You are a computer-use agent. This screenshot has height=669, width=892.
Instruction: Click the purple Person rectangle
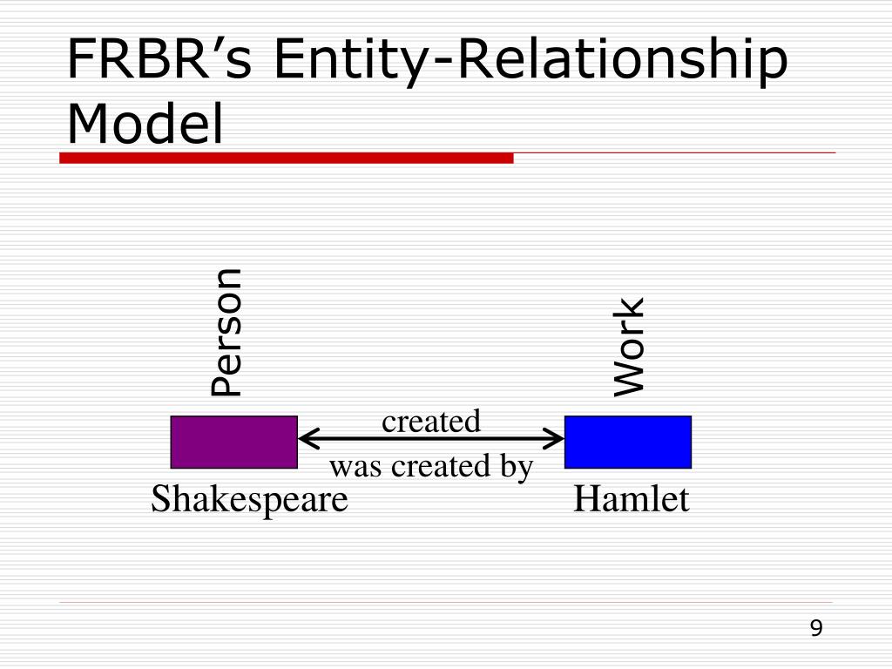[233, 442]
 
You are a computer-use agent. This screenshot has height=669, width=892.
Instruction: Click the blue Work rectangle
[628, 442]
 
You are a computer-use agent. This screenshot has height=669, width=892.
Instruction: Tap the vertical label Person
[227, 332]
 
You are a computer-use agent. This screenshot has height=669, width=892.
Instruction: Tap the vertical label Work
[629, 347]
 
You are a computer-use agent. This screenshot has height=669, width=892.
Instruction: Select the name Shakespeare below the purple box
[249, 499]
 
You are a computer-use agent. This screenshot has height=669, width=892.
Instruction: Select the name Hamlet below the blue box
[631, 498]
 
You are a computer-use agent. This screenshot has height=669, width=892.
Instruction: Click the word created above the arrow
[431, 422]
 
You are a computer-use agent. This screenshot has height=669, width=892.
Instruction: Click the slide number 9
[816, 628]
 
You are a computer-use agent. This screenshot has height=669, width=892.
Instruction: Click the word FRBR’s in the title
[159, 58]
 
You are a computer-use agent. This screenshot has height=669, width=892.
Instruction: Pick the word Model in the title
[145, 124]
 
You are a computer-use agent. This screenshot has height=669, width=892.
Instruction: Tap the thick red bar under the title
[286, 158]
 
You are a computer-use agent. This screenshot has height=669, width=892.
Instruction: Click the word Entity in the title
[350, 62]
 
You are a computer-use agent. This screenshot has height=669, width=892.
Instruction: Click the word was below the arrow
[355, 468]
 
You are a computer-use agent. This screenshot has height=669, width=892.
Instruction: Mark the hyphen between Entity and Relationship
[442, 64]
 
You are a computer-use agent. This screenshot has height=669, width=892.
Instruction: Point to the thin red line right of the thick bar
[675, 153]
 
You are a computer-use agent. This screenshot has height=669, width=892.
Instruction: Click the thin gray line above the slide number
[446, 602]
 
